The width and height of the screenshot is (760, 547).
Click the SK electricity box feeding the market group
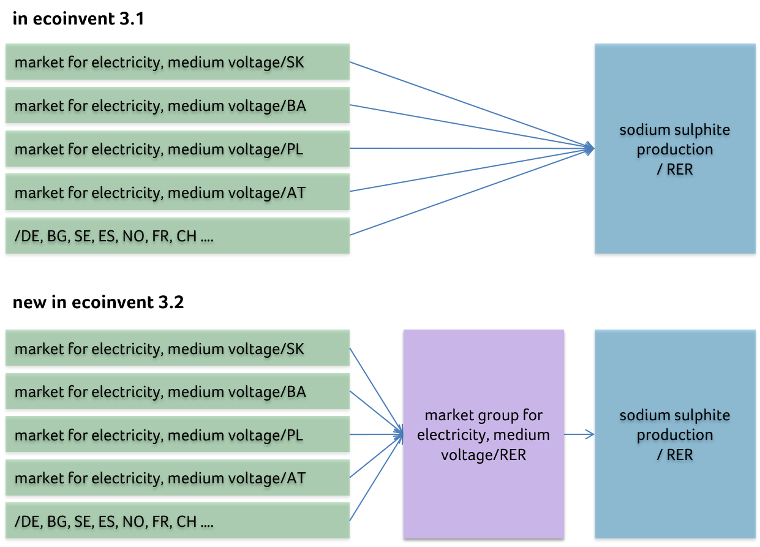178,348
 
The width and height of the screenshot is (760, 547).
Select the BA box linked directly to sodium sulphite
178,105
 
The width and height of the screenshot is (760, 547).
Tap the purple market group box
483,434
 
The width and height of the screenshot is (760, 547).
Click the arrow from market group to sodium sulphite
579,435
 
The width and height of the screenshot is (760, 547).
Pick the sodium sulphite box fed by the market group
674,434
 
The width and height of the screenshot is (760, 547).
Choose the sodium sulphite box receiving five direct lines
674,148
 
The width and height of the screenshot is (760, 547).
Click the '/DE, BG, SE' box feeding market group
178,521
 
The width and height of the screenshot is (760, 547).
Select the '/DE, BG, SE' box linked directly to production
178,236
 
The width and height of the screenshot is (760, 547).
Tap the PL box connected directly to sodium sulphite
178,149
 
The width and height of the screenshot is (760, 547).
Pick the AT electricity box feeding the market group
178,478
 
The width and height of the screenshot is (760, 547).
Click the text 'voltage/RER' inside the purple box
483,455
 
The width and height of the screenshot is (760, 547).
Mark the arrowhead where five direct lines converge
589,148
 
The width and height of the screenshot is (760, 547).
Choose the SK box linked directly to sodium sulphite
178,62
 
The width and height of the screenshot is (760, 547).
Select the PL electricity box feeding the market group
178,435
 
